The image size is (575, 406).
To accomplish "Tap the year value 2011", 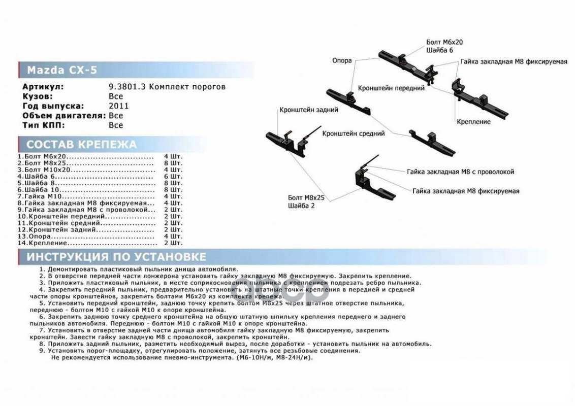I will [119, 106].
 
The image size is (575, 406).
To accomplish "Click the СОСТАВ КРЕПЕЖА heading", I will [81, 144].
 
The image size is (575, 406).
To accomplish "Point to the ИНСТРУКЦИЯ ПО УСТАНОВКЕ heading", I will [116, 256].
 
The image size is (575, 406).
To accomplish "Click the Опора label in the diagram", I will [342, 60].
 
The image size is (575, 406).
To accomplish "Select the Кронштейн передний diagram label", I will [391, 88].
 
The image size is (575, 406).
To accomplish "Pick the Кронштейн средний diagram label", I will [353, 133].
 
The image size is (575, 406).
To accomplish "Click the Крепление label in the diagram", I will [473, 122].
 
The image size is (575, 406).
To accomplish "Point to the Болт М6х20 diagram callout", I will [444, 43].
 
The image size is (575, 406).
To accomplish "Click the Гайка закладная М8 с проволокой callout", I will [460, 172].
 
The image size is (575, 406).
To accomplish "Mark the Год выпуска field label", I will [53, 106].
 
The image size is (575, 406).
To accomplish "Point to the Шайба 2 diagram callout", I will [302, 206].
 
